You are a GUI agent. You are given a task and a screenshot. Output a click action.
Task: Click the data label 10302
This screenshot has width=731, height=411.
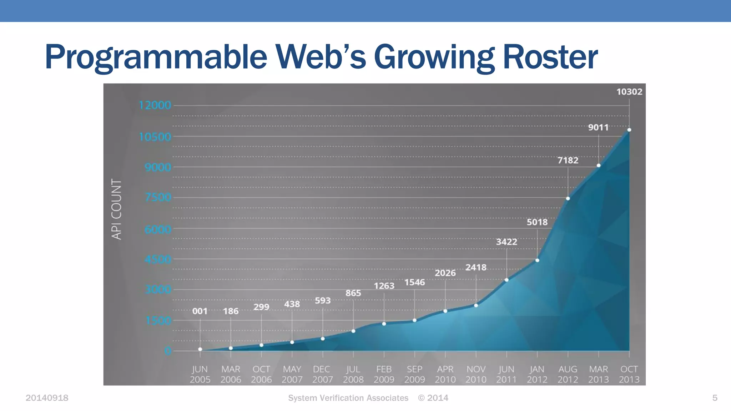pyautogui.click(x=629, y=92)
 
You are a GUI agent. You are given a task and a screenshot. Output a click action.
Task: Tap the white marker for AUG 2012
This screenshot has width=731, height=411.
pyautogui.click(x=568, y=198)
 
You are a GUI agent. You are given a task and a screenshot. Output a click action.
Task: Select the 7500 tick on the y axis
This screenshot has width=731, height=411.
pyautogui.click(x=158, y=197)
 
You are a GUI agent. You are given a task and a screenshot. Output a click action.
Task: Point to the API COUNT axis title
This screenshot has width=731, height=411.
pyautogui.click(x=117, y=209)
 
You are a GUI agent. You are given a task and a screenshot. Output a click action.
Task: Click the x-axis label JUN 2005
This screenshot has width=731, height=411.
pyautogui.click(x=200, y=374)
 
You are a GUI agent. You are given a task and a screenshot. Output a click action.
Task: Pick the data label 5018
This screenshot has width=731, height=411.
pyautogui.click(x=537, y=222)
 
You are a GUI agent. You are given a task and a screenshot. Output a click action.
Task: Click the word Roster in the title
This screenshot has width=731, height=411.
pyautogui.click(x=550, y=57)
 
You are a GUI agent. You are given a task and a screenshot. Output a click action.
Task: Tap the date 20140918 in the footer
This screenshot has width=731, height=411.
pyautogui.click(x=47, y=398)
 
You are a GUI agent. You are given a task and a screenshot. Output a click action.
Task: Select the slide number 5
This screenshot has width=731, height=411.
pyautogui.click(x=715, y=398)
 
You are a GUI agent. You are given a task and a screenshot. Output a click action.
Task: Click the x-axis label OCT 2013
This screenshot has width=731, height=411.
pyautogui.click(x=629, y=374)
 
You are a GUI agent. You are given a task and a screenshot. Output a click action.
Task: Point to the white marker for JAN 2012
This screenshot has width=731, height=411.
pyautogui.click(x=537, y=260)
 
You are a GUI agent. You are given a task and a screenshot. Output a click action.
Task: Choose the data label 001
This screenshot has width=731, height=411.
pyautogui.click(x=200, y=311)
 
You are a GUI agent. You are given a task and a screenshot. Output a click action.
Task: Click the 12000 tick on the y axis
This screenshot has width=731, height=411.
pyautogui.click(x=155, y=105)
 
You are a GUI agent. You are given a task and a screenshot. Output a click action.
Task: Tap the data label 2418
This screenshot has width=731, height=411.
pyautogui.click(x=476, y=268)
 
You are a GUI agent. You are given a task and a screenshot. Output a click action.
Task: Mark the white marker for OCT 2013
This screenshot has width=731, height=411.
pyautogui.click(x=629, y=130)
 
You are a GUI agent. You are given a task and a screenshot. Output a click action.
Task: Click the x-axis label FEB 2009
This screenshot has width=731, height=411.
pyautogui.click(x=384, y=374)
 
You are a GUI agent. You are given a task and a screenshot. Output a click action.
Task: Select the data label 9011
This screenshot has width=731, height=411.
pyautogui.click(x=598, y=127)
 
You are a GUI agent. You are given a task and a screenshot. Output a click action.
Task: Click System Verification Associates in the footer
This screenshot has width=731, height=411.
pyautogui.click(x=348, y=398)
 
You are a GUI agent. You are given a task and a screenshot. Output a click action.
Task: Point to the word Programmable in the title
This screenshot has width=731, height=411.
pyautogui.click(x=156, y=57)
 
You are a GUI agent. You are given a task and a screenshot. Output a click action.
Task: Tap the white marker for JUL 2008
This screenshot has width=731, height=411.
pyautogui.click(x=353, y=331)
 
